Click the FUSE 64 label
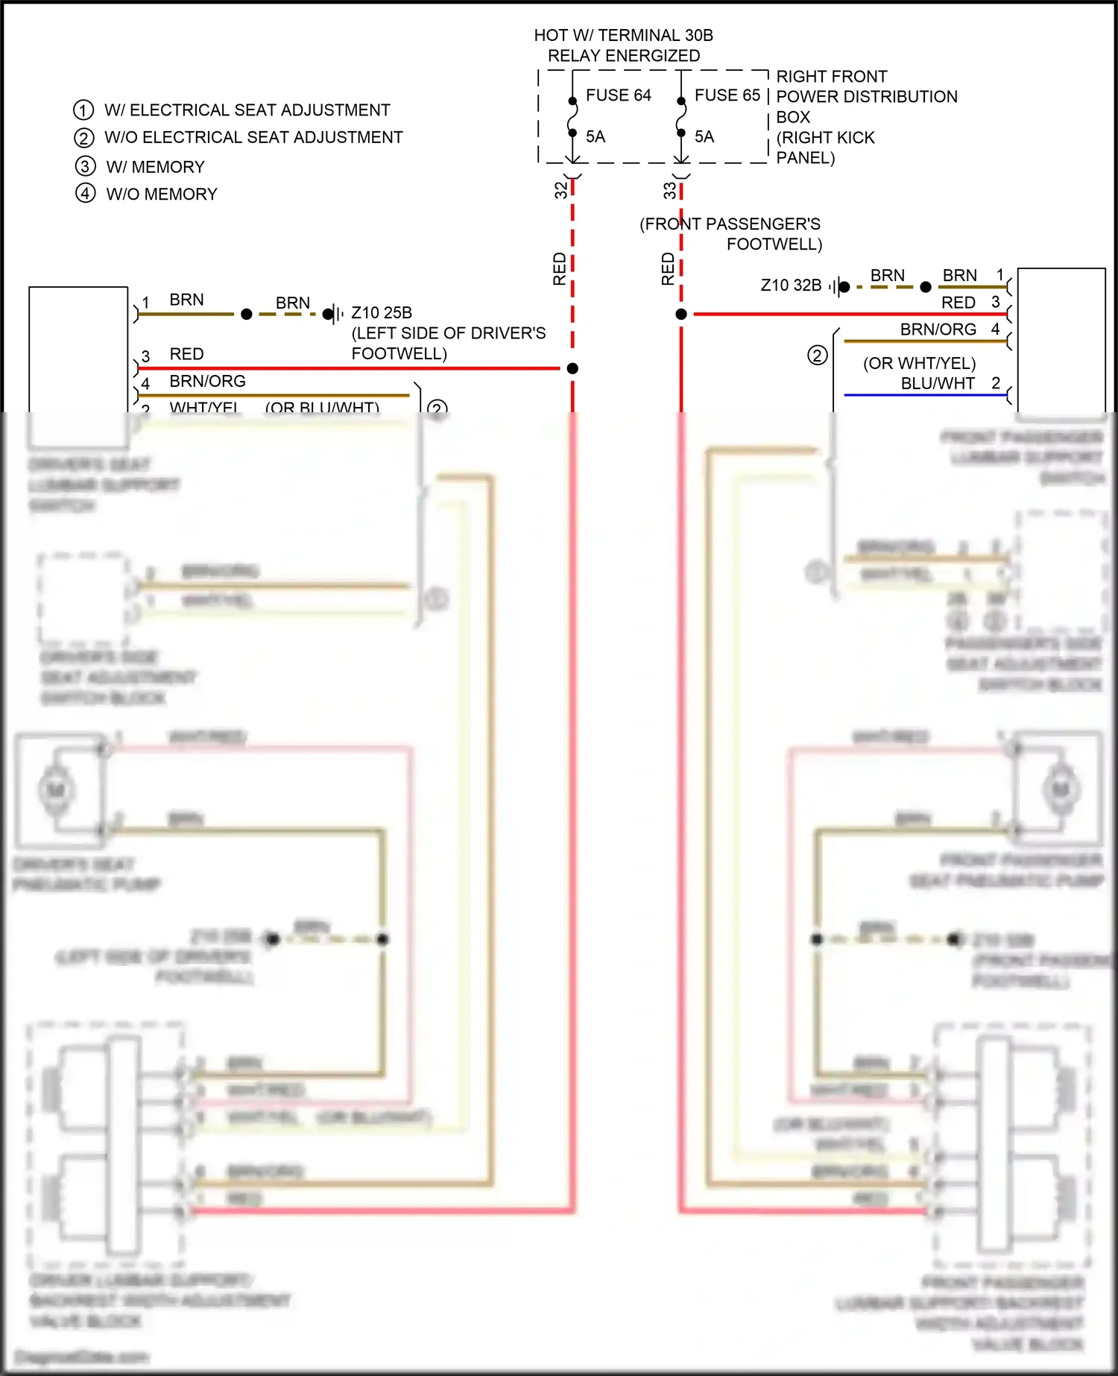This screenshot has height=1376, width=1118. pos(618,95)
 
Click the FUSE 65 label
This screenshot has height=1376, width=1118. pos(727,95)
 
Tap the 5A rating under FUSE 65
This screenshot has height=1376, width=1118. pos(704,136)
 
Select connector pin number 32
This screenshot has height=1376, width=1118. pos(560,190)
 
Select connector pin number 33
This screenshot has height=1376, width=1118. pos(669,191)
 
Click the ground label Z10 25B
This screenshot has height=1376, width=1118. pos(381,313)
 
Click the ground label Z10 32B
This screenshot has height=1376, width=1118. pos(791,285)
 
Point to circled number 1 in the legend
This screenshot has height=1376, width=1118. pos(83,110)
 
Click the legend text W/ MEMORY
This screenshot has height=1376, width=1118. pos(155,167)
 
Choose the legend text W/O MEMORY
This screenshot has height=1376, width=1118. pos(162,195)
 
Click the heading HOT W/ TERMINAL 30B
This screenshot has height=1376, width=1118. pos(623,35)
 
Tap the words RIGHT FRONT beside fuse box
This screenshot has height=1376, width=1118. pos(831,77)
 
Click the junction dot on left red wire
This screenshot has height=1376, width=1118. pos(572,368)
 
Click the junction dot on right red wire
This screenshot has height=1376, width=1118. pos(681,315)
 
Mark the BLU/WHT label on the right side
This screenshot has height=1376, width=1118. pos(937,383)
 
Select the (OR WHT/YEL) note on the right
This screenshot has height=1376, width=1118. pos(919,363)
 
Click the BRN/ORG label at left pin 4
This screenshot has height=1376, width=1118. pos(207,382)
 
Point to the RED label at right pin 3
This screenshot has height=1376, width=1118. pos(958,303)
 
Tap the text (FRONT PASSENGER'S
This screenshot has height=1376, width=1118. pos(730,224)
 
